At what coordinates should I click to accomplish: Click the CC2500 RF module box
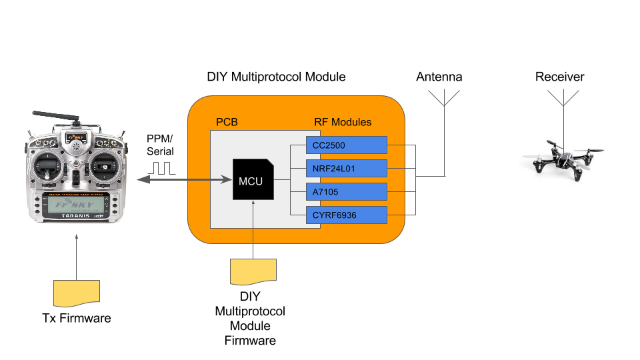pos(345,145)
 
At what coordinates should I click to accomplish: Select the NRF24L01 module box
pos(345,169)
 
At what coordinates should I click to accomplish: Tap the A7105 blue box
pos(345,191)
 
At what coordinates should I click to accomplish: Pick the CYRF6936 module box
pos(345,215)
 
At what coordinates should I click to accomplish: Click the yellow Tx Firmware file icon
pos(77,292)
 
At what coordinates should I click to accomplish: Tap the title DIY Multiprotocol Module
pos(276,77)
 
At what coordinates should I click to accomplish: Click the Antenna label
pos(439,77)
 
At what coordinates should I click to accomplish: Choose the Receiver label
pos(559,77)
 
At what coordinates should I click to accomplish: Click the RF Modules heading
pos(342,123)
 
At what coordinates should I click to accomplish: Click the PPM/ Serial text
pos(160,145)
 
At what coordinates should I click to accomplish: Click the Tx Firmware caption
pos(76,318)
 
